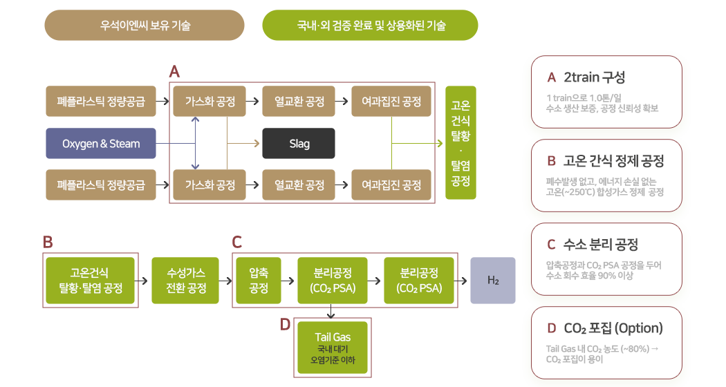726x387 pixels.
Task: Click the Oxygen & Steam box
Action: (x=100, y=144)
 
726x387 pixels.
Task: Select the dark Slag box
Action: (x=299, y=144)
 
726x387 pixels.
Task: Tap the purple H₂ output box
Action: (x=493, y=281)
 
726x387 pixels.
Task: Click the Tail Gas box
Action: (x=333, y=348)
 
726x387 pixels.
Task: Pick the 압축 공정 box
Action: (x=259, y=281)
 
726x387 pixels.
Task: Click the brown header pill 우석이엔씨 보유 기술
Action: (x=145, y=26)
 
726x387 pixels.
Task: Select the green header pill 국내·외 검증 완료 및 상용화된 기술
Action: (x=371, y=26)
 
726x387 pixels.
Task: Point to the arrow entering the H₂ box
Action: (x=463, y=281)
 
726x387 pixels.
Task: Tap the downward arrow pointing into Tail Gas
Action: (x=333, y=314)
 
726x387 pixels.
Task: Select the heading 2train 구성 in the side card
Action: (x=595, y=77)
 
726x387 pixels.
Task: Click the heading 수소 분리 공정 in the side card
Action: (x=601, y=244)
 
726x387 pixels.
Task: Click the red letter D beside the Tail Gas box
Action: (x=284, y=325)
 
